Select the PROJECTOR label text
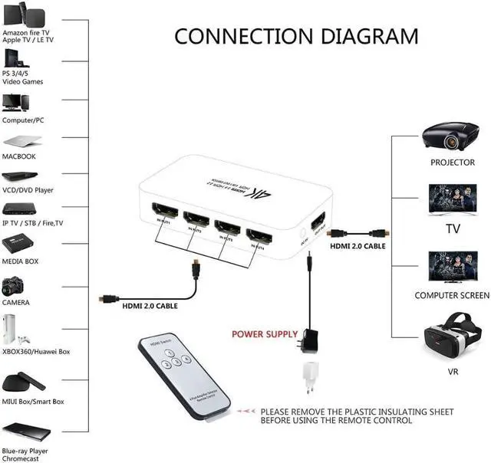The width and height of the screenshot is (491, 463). (452, 163)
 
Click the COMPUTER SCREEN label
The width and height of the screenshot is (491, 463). (452, 295)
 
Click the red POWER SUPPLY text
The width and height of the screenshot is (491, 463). (265, 334)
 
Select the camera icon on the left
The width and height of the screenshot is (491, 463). (15, 286)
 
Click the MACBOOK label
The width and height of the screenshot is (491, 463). (19, 156)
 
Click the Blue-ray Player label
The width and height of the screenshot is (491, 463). (25, 452)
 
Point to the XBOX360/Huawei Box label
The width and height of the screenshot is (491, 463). (35, 351)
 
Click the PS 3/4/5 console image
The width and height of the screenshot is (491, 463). (13, 59)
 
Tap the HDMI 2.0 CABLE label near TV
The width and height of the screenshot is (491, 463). (358, 246)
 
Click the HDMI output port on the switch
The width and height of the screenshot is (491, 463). (317, 227)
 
